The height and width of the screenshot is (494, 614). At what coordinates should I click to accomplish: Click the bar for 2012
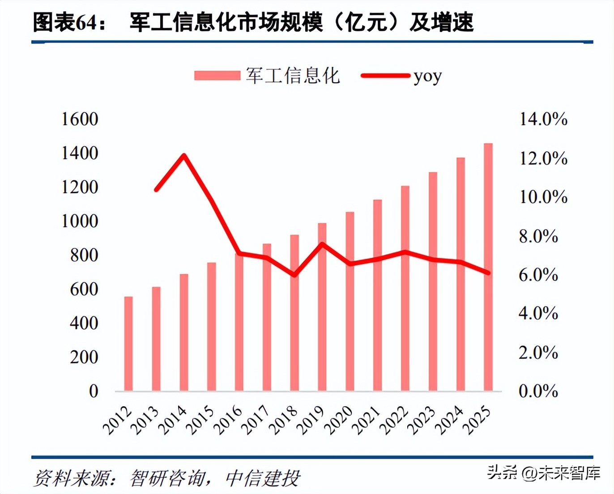click(128, 343)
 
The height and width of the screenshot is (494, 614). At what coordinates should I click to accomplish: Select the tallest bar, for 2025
click(488, 267)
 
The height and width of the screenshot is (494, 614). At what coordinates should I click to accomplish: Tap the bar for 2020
click(350, 301)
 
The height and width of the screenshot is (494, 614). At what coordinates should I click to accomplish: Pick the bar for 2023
click(433, 281)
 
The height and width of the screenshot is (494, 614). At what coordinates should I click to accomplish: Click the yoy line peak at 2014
click(184, 156)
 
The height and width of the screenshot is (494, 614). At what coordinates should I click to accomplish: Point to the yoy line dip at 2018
click(294, 274)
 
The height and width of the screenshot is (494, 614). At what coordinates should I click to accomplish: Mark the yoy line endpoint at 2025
click(488, 273)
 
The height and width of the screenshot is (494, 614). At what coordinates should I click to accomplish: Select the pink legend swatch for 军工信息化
click(217, 76)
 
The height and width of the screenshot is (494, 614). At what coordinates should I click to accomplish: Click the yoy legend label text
click(427, 76)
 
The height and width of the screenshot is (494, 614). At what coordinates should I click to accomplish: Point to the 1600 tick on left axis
click(80, 119)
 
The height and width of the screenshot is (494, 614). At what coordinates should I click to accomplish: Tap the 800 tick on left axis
click(84, 255)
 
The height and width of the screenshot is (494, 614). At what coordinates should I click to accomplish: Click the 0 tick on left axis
click(93, 391)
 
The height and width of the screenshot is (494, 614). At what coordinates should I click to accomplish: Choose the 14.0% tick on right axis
click(543, 119)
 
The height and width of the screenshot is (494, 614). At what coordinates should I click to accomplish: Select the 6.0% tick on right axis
click(538, 275)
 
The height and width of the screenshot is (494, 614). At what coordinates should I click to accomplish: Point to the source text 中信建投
click(263, 478)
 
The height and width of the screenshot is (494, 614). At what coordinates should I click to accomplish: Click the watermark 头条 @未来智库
click(543, 472)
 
